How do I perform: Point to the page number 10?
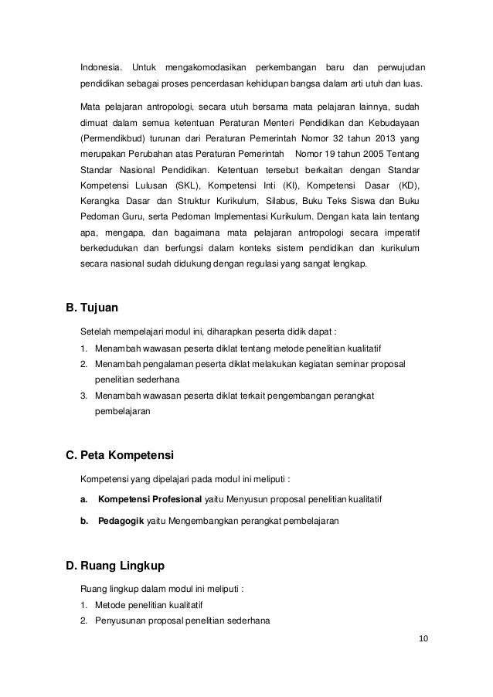point(422,637)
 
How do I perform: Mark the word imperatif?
point(399,233)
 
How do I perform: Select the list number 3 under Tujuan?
point(83,396)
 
